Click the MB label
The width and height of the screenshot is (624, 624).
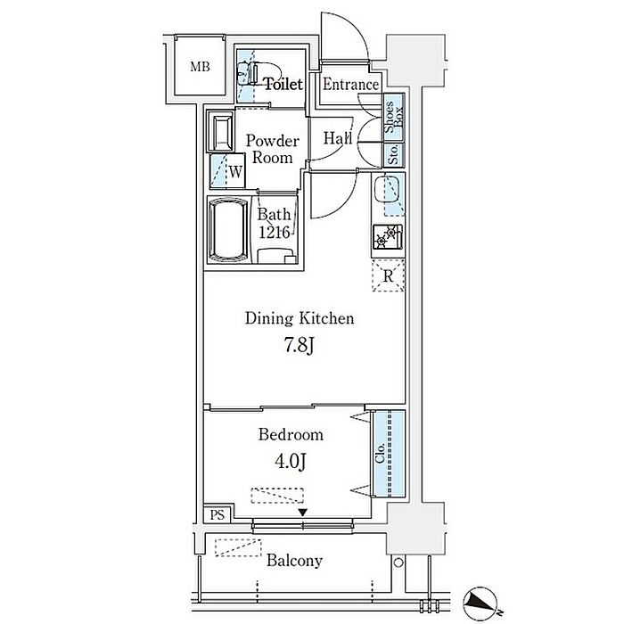pyautogui.click(x=200, y=67)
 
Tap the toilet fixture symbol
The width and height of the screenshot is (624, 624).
pyautogui.click(x=248, y=73)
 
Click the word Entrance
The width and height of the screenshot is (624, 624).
pyautogui.click(x=350, y=85)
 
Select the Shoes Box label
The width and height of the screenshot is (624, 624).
pyautogui.click(x=394, y=118)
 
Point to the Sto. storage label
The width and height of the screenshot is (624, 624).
pyautogui.click(x=393, y=155)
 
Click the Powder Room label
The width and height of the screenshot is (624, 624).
pyautogui.click(x=273, y=149)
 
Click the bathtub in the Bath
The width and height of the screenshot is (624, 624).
pyautogui.click(x=228, y=230)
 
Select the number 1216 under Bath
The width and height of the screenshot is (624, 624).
pyautogui.click(x=275, y=233)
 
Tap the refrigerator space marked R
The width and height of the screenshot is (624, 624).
pyautogui.click(x=388, y=275)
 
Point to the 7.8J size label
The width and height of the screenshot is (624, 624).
pyautogui.click(x=299, y=345)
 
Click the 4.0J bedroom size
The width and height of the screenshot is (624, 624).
pyautogui.click(x=290, y=461)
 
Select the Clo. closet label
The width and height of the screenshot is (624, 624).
pyautogui.click(x=380, y=453)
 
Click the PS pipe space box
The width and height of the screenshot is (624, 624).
pyautogui.click(x=218, y=514)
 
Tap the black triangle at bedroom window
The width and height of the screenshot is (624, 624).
pyautogui.click(x=303, y=513)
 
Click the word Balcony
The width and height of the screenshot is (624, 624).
pyautogui.click(x=294, y=561)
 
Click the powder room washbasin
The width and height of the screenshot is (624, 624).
pyautogui.click(x=220, y=131)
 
